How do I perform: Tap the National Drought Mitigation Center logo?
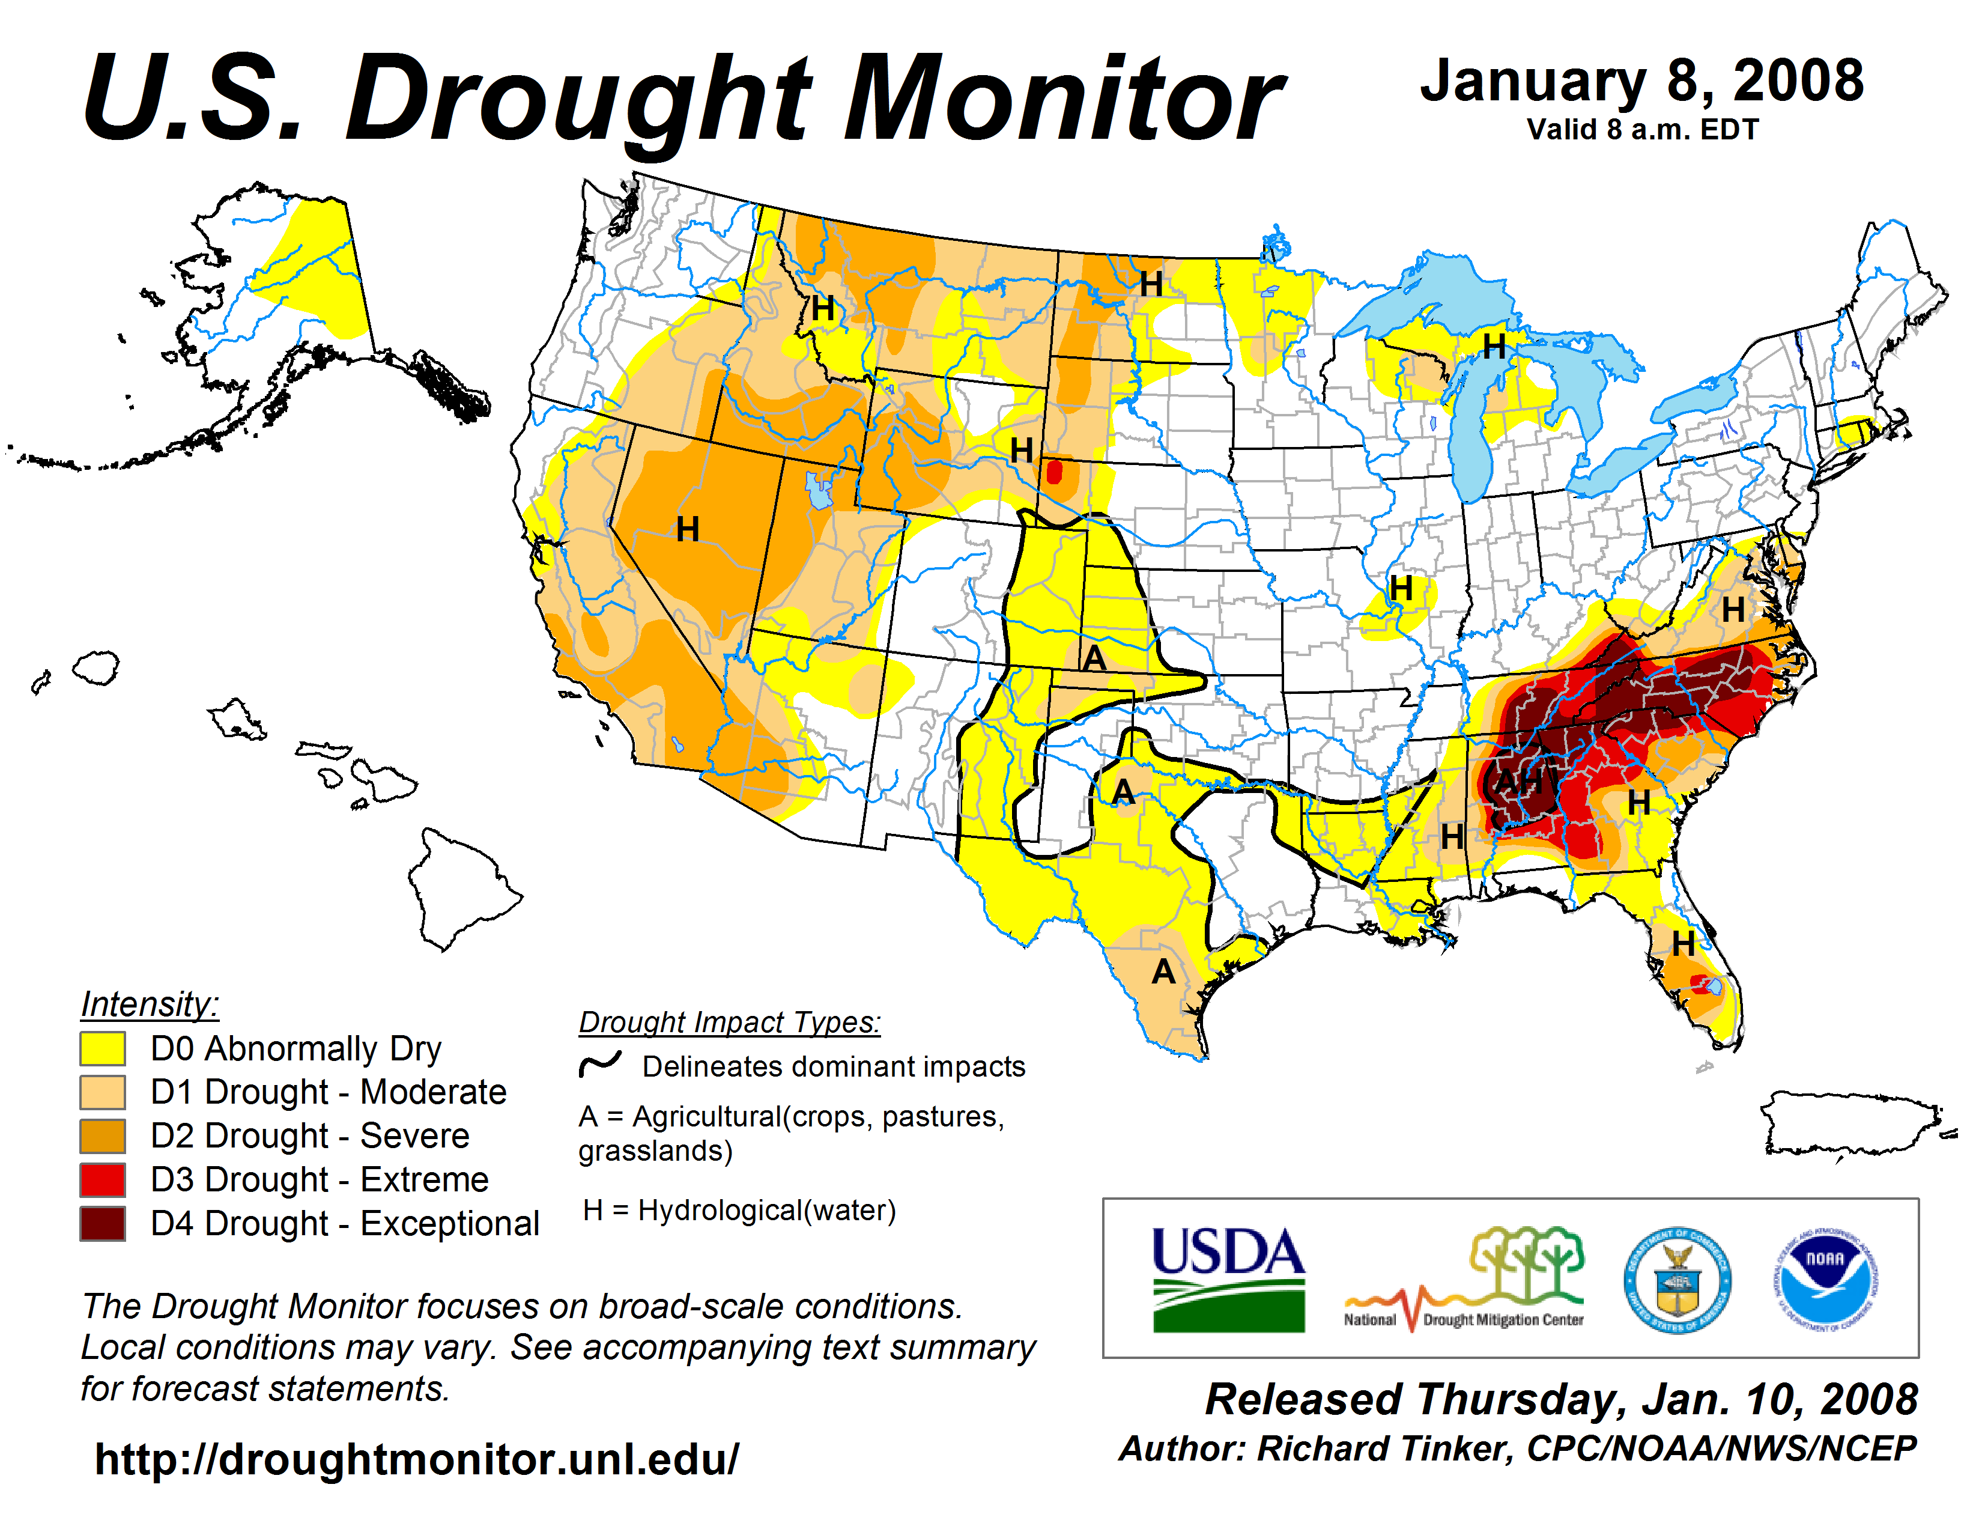(x=1464, y=1279)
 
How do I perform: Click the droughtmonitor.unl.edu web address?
(x=417, y=1459)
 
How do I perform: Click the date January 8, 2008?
(x=1641, y=81)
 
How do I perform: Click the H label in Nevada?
(x=687, y=529)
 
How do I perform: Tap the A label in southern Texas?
(x=1163, y=972)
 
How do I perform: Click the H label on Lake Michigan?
(x=1493, y=347)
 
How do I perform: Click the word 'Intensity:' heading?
(x=150, y=1004)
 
